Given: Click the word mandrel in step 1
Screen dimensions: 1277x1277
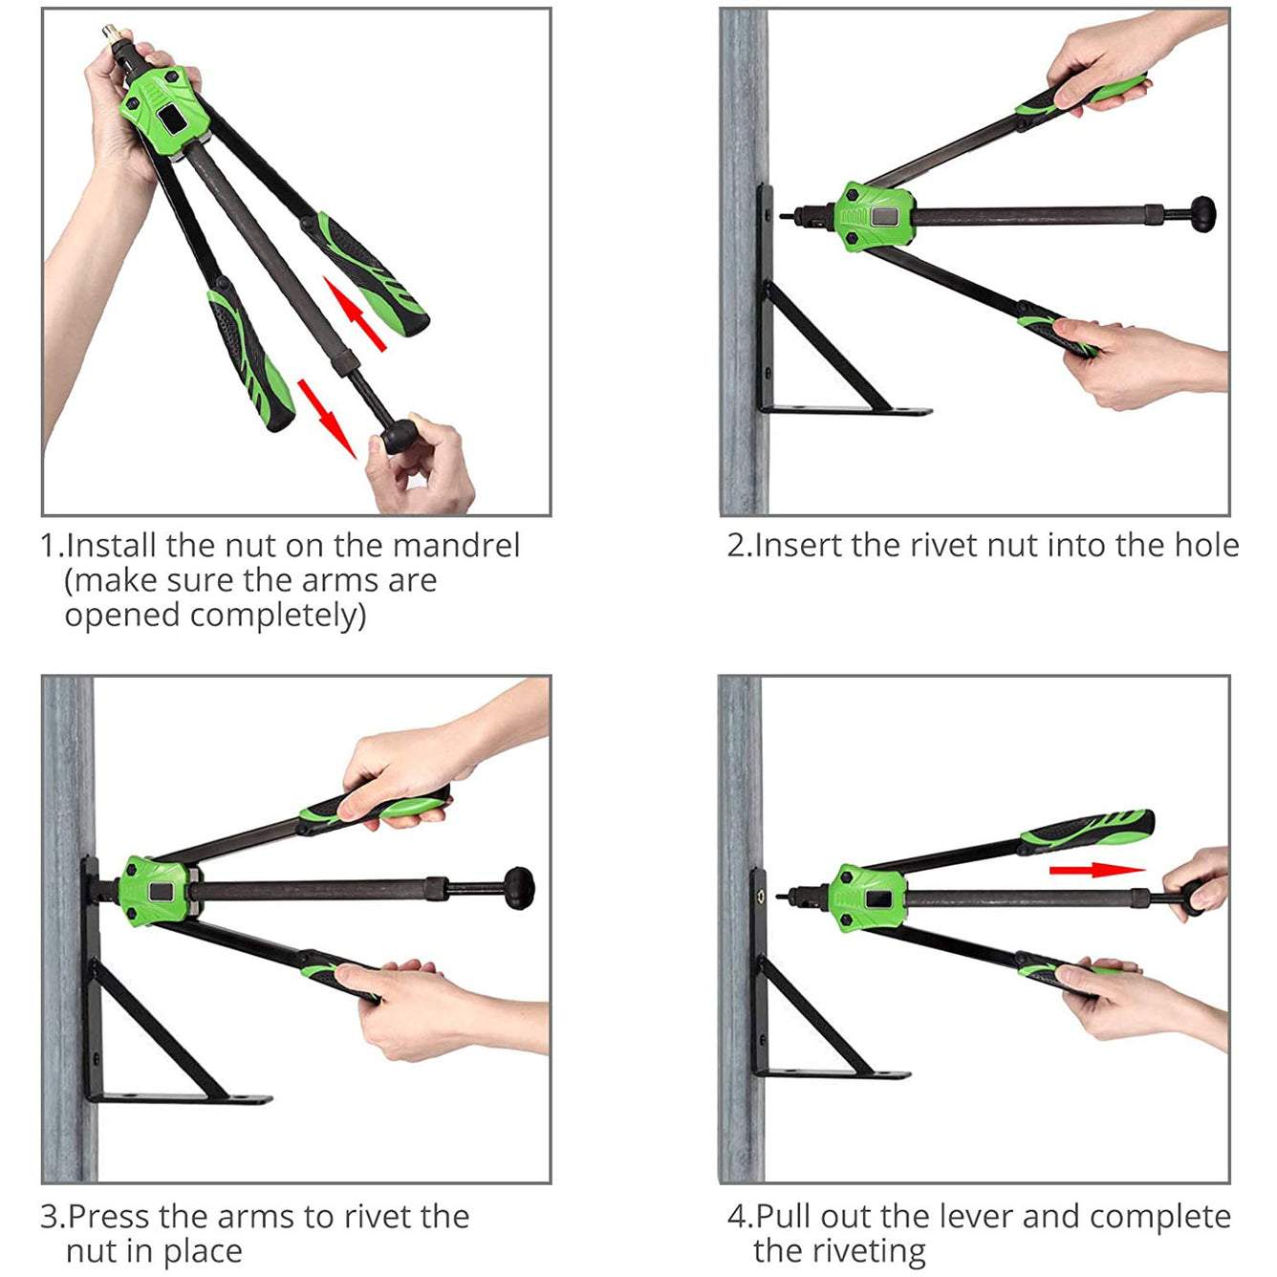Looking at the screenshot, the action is (456, 546).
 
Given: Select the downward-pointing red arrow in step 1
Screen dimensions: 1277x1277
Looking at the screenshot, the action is (327, 419).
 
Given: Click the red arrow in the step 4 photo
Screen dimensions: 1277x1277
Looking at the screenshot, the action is (1096, 870).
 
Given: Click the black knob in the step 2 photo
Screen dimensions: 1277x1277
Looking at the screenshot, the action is (1202, 214).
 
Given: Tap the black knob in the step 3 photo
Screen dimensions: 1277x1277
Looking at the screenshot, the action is (519, 888).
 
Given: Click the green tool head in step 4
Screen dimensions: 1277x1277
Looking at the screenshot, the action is (866, 898).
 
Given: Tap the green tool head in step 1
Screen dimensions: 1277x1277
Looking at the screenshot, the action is (163, 107).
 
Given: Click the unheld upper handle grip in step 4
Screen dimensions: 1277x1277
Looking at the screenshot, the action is (1087, 829).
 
